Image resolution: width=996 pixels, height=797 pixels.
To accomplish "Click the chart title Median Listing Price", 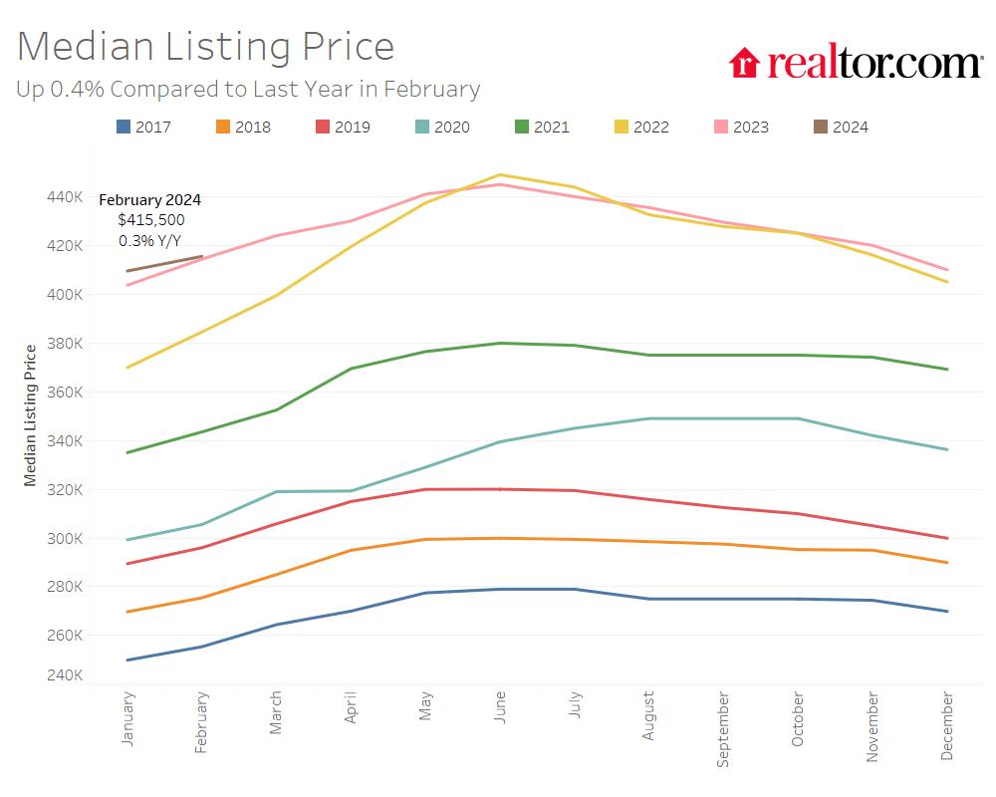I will pos(205,46).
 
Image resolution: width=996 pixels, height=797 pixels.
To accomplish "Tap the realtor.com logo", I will pos(856,63).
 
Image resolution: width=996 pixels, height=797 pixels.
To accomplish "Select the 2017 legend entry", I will pos(143,127).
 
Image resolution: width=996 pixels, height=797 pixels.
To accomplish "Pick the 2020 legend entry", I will pos(442,127).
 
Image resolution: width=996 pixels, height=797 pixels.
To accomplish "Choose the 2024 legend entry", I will pos(841,127).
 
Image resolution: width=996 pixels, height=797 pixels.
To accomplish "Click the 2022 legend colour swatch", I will pos(622,127).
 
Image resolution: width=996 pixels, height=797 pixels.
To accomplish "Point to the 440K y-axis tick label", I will pos(65,197).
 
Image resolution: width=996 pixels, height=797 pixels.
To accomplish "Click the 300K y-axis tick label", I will pos(65,539).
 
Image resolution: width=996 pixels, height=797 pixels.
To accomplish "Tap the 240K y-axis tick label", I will pos(65,675).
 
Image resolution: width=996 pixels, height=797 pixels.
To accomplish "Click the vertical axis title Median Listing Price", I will pos(30,414).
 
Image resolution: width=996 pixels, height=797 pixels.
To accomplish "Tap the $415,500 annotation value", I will pos(150,220).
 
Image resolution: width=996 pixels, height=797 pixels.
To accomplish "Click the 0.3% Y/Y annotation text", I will pos(150,240).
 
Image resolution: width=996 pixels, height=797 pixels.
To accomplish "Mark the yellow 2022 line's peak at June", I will pos(499,175).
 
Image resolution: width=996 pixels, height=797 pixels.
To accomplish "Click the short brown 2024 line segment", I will pos(165,264).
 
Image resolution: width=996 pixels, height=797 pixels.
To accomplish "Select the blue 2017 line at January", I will pos(128,660).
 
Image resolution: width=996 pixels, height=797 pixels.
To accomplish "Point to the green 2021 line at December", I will pos(946,370).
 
